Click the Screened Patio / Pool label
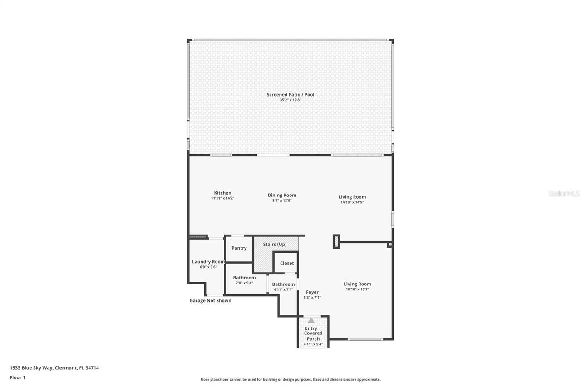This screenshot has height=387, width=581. point(290,94)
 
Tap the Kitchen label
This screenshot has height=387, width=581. point(222,193)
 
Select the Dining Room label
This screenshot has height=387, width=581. point(281,195)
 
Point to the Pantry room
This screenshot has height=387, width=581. point(239,248)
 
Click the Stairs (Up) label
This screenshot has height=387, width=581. point(275,244)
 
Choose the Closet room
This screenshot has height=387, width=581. point(287,263)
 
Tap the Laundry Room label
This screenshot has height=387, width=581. point(208,261)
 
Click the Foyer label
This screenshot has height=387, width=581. point(312,292)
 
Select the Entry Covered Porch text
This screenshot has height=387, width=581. point(313,333)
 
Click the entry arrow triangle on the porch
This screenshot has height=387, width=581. point(311,320)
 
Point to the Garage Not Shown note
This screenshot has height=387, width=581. point(210,300)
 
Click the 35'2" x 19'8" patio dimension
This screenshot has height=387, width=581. point(290,100)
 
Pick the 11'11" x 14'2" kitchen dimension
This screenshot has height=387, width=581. point(222,198)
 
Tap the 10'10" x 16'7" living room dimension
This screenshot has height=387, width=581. point(357,289)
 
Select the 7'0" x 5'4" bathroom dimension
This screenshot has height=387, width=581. point(244,283)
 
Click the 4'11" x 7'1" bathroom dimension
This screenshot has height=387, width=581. point(283,289)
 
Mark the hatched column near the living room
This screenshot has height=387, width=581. point(336,241)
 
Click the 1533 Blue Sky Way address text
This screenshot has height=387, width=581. point(54,368)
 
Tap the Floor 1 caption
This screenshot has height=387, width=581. point(17,377)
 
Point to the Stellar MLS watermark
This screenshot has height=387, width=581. point(564,194)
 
